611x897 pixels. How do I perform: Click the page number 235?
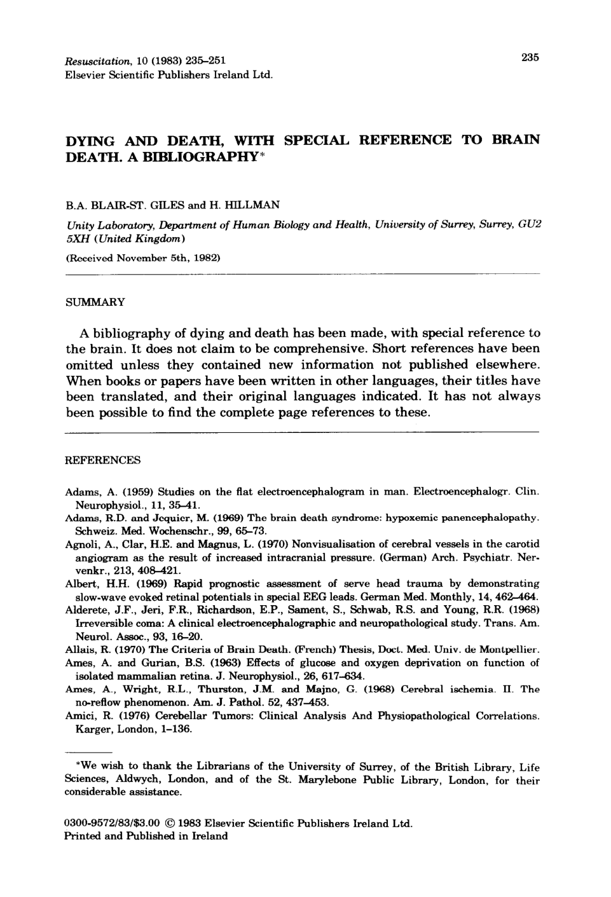pyautogui.click(x=530, y=58)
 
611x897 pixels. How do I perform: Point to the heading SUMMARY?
pyautogui.click(x=96, y=302)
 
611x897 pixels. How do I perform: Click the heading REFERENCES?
pyautogui.click(x=103, y=460)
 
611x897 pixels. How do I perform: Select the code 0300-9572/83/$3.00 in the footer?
pyautogui.click(x=111, y=824)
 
